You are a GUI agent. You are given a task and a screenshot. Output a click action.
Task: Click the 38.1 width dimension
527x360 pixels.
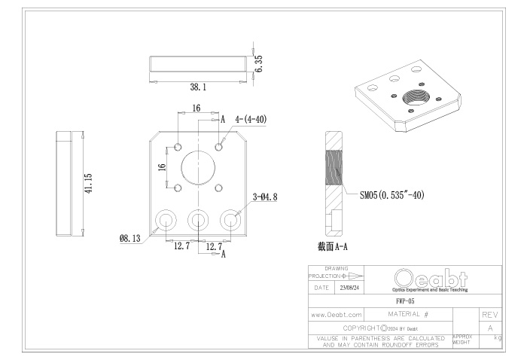(x=197, y=87)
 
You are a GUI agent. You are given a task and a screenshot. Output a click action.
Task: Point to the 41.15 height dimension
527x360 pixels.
(x=88, y=184)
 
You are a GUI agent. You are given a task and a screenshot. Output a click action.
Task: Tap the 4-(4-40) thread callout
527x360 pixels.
(x=251, y=119)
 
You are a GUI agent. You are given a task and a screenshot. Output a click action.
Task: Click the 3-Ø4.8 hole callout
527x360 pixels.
(x=266, y=197)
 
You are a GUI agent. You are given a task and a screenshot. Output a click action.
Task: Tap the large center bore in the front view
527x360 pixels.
(x=198, y=166)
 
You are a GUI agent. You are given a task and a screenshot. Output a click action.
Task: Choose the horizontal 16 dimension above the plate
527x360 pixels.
(x=196, y=108)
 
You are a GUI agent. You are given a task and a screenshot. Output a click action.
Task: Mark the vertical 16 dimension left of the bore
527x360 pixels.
(x=162, y=166)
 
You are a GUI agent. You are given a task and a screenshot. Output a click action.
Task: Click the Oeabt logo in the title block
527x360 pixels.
(x=429, y=278)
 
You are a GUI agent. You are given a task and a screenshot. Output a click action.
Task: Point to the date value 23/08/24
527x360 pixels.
(x=349, y=288)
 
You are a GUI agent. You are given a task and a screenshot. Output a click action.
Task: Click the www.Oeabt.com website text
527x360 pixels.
(x=337, y=313)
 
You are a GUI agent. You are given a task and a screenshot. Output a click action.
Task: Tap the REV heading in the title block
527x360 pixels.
(x=490, y=313)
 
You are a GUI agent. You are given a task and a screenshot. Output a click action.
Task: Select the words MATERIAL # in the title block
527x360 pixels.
(x=407, y=313)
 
